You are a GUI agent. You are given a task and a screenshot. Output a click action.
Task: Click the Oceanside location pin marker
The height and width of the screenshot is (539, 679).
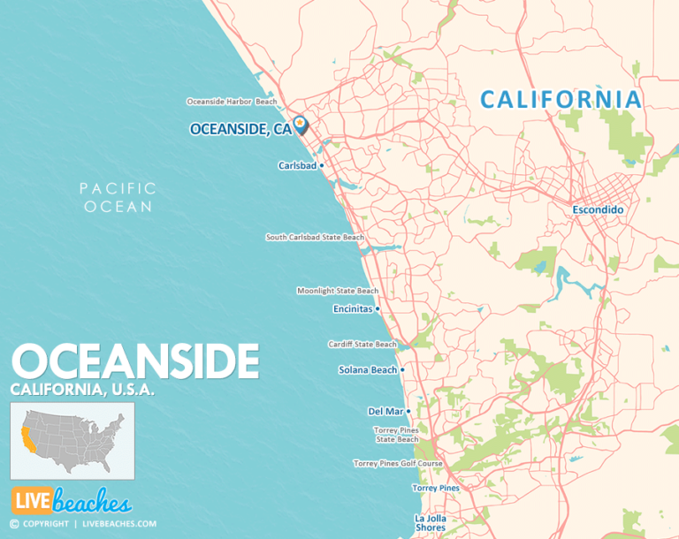(x=300, y=124)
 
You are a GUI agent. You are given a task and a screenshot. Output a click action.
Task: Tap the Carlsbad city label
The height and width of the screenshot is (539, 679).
(x=297, y=165)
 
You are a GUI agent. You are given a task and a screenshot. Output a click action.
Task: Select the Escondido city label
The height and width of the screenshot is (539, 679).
(x=599, y=210)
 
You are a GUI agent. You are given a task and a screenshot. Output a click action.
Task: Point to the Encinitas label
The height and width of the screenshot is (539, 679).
(x=352, y=309)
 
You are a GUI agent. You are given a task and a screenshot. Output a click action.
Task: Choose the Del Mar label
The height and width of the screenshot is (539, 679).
(x=385, y=411)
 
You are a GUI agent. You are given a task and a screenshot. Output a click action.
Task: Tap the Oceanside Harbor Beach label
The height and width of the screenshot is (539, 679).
(x=231, y=102)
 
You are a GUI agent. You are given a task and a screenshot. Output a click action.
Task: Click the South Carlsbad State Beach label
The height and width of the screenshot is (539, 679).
(x=315, y=237)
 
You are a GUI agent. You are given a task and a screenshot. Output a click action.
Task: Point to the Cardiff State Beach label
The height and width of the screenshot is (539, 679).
(x=362, y=345)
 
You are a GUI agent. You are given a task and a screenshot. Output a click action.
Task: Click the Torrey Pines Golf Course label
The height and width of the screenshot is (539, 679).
(x=397, y=463)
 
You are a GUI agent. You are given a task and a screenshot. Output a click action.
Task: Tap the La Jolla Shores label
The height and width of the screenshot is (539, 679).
(x=431, y=523)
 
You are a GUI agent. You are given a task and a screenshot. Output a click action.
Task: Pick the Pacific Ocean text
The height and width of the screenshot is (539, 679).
(x=118, y=197)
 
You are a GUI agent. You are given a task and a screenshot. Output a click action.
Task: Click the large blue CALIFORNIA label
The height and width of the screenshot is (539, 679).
(x=561, y=100)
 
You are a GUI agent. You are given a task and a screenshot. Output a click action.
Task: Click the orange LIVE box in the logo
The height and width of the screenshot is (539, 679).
(x=30, y=500)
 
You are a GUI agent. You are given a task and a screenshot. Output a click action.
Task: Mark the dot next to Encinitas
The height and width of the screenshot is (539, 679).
(x=378, y=309)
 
